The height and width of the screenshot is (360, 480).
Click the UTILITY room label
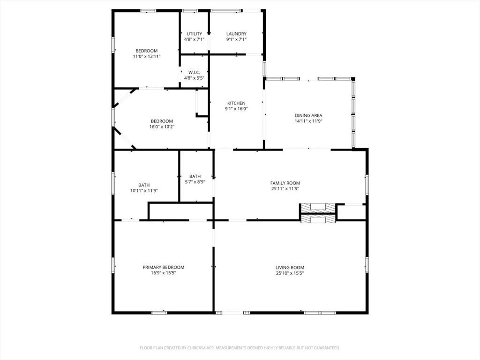pyautogui.click(x=194, y=34)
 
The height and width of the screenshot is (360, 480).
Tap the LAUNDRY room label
pyautogui.click(x=236, y=34)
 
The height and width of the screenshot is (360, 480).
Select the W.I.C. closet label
pyautogui.click(x=194, y=72)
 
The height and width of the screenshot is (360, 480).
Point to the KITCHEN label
pyautogui.click(x=236, y=103)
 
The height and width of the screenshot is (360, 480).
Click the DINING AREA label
pyautogui.click(x=308, y=115)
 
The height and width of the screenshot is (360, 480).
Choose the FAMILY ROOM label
pyautogui.click(x=285, y=183)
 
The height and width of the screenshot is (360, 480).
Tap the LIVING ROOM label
pyautogui.click(x=290, y=268)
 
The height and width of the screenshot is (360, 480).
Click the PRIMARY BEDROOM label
pyautogui.click(x=164, y=267)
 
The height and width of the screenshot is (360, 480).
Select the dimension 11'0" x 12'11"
pyautogui.click(x=147, y=57)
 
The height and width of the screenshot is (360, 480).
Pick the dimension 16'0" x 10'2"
pyautogui.click(x=162, y=127)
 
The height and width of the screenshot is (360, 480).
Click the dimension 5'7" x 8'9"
pyautogui.click(x=195, y=182)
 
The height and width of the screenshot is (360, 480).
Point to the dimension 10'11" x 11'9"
pyautogui.click(x=144, y=191)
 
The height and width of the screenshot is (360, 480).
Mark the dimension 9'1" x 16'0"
pyautogui.click(x=236, y=109)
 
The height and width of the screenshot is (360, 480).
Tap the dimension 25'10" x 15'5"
pyautogui.click(x=290, y=273)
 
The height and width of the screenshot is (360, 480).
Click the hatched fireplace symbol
pyautogui.click(x=318, y=213)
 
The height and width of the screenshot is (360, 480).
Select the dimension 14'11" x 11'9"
pyautogui.click(x=308, y=121)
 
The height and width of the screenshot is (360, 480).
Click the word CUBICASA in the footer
pyautogui.click(x=192, y=348)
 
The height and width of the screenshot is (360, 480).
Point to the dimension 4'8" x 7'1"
pyautogui.click(x=194, y=39)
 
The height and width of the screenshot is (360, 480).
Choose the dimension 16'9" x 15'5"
pyautogui.click(x=164, y=273)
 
